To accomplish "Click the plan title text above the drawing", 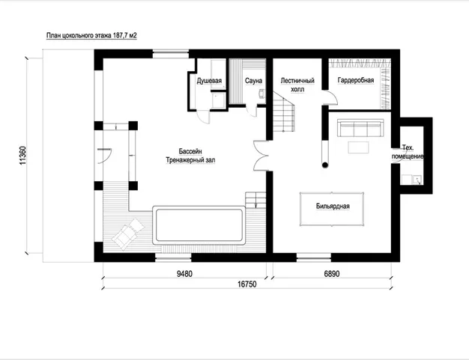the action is click(x=91, y=36).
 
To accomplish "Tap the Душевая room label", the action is click(x=209, y=81).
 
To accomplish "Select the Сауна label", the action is click(x=253, y=81).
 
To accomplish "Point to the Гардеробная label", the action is click(x=356, y=80).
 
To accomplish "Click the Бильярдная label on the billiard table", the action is click(x=333, y=206).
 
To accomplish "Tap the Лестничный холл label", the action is click(x=297, y=85).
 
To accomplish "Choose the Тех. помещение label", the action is click(x=408, y=152).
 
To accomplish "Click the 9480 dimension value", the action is click(x=184, y=274).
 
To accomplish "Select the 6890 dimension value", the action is click(x=332, y=274).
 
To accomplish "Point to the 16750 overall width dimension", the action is click(x=247, y=284).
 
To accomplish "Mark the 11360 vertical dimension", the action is click(x=22, y=156).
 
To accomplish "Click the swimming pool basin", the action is click(x=199, y=225).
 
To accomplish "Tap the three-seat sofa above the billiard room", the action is click(x=360, y=128).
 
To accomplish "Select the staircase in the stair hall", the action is click(x=283, y=112).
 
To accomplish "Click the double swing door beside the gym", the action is click(x=260, y=156).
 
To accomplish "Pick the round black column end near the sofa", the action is click(x=325, y=165).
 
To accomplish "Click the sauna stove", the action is click(x=261, y=94).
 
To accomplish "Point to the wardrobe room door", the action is click(x=330, y=97).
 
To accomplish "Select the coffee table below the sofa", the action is click(x=358, y=147).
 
